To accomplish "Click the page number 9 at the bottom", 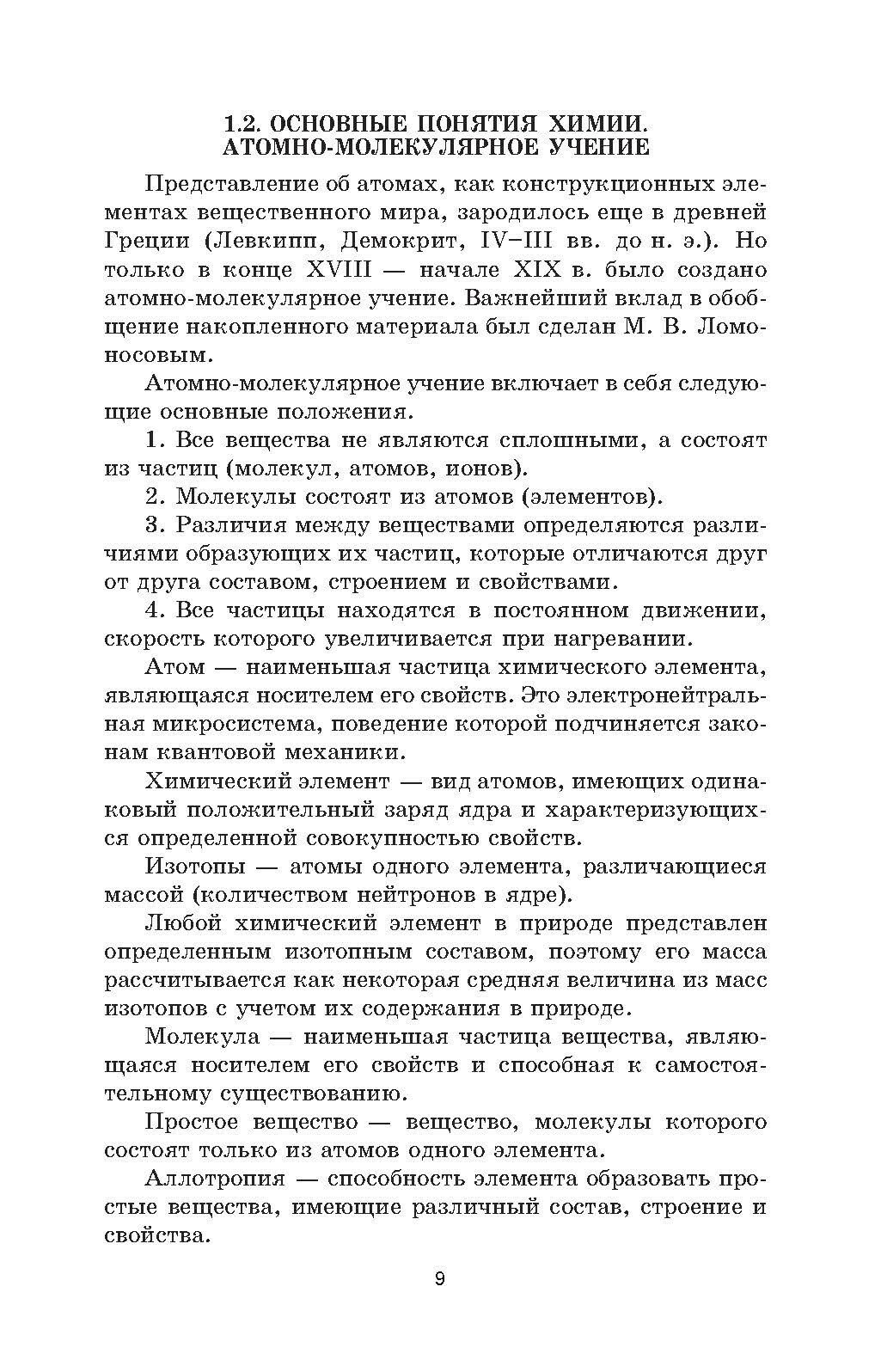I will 440,1278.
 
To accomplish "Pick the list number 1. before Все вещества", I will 155,440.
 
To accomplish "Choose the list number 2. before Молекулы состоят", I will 155,497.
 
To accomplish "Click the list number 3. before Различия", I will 155,525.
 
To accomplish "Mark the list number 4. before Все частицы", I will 155,610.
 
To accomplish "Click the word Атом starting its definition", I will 176,667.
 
